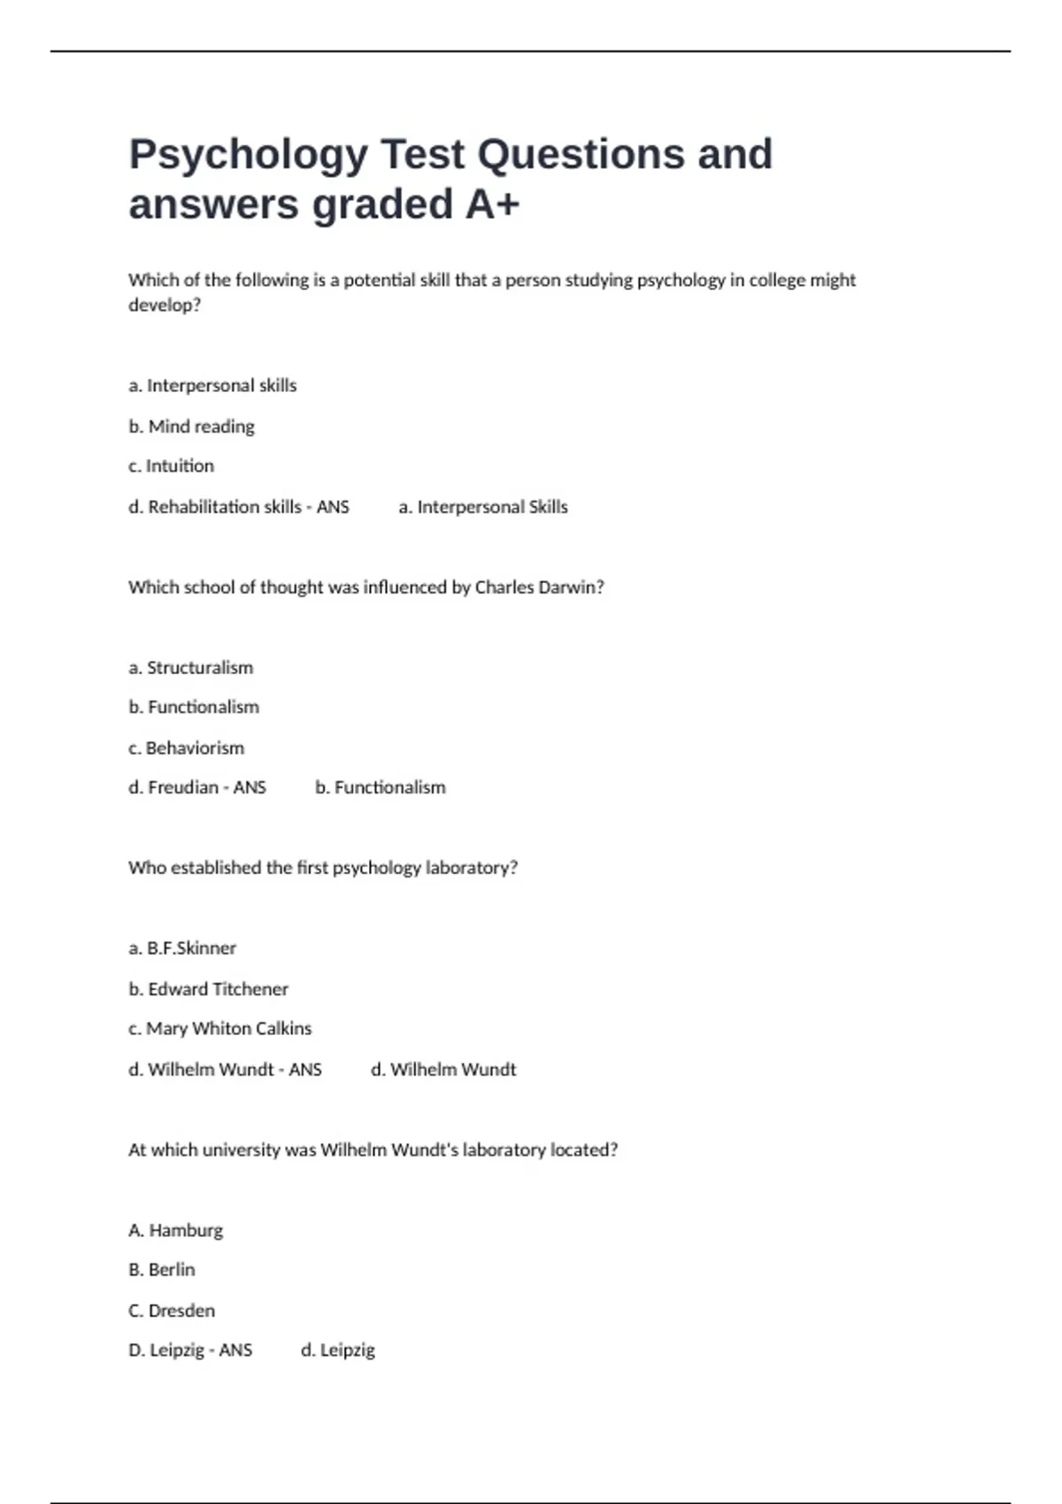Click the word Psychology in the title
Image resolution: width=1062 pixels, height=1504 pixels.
point(248,155)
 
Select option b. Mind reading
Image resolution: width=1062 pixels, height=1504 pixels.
point(191,426)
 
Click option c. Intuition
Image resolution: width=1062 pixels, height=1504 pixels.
point(171,466)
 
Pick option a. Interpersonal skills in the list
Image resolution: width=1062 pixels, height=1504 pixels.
point(212,386)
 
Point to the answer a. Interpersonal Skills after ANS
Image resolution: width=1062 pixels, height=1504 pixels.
point(483,507)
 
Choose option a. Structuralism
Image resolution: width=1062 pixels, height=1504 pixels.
point(190,668)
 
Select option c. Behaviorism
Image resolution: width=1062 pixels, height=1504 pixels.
point(186,748)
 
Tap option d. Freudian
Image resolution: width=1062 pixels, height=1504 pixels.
point(173,787)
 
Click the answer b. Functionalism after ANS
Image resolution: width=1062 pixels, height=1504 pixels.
point(381,787)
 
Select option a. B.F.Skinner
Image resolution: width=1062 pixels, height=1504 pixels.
point(182,948)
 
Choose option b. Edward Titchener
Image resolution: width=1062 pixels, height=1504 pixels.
point(208,989)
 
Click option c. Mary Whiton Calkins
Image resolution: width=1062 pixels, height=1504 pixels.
point(219,1029)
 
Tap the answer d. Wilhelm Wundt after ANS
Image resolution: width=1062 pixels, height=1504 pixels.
point(443,1070)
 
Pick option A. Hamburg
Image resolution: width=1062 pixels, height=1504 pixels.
point(175,1231)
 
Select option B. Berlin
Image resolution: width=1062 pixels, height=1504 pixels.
point(161,1270)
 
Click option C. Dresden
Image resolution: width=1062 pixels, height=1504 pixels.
point(171,1310)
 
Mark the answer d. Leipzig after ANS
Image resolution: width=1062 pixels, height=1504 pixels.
point(338,1350)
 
